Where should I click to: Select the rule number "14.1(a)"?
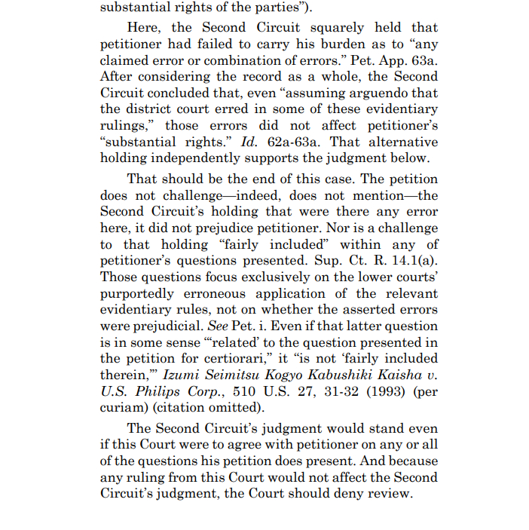point(411,260)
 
